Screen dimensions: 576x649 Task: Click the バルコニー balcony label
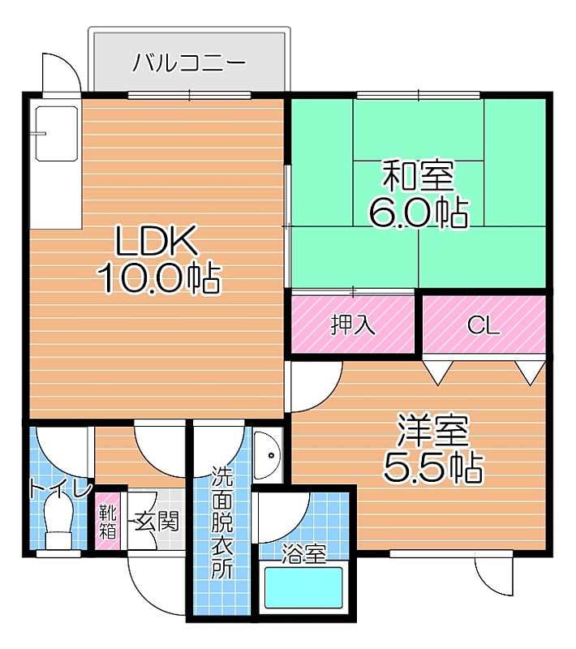[x=189, y=63]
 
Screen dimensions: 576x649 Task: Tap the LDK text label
[x=156, y=240]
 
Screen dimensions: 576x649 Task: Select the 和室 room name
[x=418, y=176]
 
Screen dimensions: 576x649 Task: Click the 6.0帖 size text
[x=419, y=213]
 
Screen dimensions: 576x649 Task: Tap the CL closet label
[x=484, y=326]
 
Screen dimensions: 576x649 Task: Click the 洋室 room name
[x=433, y=431]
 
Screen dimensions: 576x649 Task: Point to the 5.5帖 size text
[x=433, y=468]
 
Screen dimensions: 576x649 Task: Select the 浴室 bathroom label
[x=304, y=553]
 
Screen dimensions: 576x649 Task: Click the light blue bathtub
[x=303, y=587]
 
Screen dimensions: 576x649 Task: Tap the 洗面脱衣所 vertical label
[x=222, y=522]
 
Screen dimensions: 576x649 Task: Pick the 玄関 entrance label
[x=157, y=521]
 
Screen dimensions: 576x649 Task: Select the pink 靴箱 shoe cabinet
[x=108, y=521]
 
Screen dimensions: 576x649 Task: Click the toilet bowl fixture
[x=58, y=521]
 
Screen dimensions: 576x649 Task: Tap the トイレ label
[x=60, y=490]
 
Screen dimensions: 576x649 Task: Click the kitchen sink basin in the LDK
[x=57, y=133]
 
